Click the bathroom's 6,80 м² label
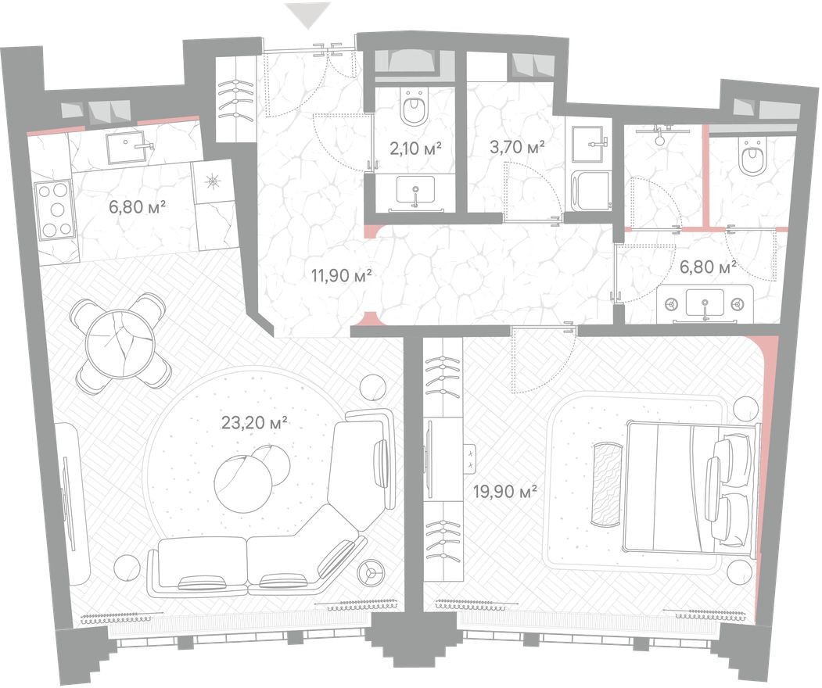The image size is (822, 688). [709, 267]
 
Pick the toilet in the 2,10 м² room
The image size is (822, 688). [414, 109]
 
